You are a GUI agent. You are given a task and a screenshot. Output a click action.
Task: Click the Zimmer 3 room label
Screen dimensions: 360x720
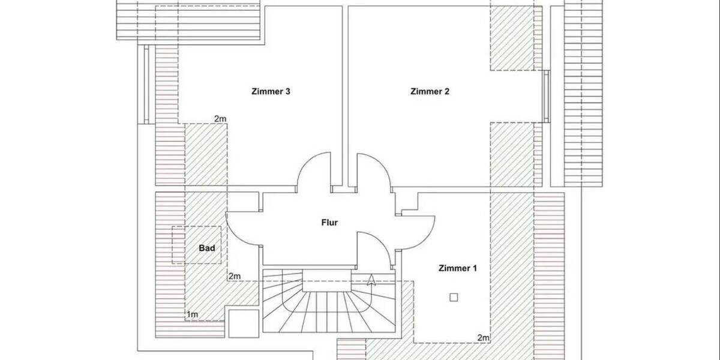coord(271,92)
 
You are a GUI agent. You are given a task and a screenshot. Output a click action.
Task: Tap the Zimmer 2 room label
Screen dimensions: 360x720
coord(430,92)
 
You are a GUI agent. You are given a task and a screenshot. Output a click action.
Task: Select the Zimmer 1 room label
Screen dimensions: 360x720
coord(458,268)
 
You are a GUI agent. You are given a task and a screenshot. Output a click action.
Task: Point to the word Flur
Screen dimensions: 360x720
coord(329,223)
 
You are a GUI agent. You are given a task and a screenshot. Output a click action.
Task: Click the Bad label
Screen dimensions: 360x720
coord(207,247)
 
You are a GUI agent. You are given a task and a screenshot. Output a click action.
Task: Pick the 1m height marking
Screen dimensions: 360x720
coord(193,314)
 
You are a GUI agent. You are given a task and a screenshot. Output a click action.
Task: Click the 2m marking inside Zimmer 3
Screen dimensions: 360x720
coord(220,119)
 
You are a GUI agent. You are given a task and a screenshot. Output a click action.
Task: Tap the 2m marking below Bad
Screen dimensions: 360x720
coord(234,276)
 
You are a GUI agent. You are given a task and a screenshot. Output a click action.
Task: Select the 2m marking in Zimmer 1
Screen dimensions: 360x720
coord(484,338)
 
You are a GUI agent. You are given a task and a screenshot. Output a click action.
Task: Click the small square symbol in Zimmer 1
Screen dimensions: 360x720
coord(454,296)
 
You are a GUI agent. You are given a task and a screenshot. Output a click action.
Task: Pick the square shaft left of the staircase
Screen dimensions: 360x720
coord(244,324)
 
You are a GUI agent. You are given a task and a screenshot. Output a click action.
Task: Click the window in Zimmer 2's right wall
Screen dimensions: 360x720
coord(546,96)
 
